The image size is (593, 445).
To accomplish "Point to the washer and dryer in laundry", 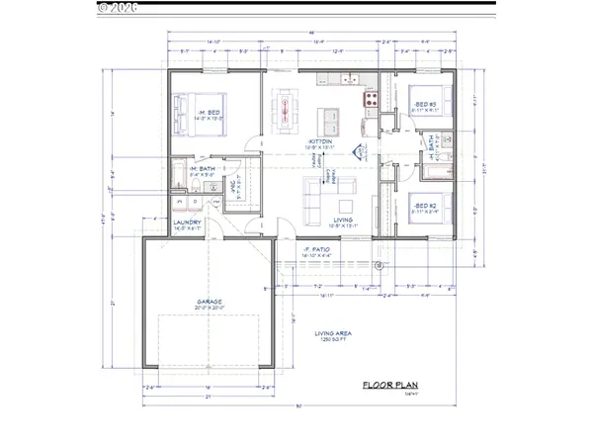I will [188, 203].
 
